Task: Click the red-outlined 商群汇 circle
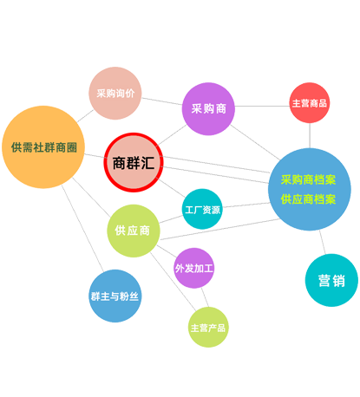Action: coord(134,162)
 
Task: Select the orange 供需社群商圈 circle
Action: coord(43,147)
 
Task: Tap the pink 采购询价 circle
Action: coord(115,93)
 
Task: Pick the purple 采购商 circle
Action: coord(208,108)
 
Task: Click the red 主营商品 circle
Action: coord(310,103)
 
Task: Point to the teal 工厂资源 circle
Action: coord(202,209)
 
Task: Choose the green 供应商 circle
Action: coord(134,231)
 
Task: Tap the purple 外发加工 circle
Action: coord(194,268)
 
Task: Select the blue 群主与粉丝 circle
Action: coord(115,296)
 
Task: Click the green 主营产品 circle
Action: coord(208,327)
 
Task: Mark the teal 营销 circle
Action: coord(331,280)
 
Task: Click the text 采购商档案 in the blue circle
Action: coord(308,179)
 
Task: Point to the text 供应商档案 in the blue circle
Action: coord(308,199)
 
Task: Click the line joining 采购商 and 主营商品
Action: coord(262,106)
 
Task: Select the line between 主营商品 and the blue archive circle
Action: coord(310,135)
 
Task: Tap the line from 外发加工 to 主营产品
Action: coord(205,297)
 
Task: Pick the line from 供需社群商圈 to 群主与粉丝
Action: coord(82,229)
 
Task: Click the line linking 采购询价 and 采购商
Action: coord(161,101)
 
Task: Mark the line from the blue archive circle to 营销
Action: coord(323,242)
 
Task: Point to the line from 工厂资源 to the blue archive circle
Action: coord(246,205)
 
